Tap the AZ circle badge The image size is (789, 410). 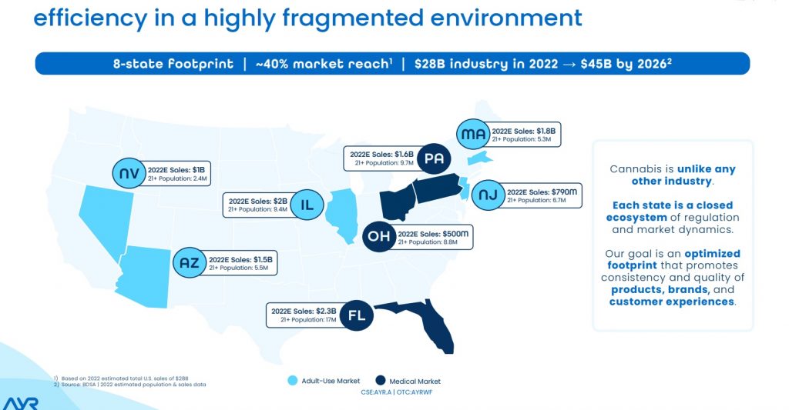tap(190, 264)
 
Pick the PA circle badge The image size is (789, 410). tap(433, 158)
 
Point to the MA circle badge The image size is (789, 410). tap(471, 135)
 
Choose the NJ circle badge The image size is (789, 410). tap(487, 195)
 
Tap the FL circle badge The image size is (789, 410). tap(356, 315)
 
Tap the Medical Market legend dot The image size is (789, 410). tap(381, 381)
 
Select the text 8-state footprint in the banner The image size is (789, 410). tap(173, 63)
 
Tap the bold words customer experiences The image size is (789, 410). tap(671, 302)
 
